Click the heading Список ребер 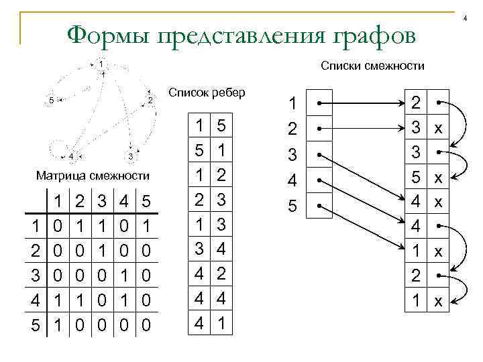tap(207, 92)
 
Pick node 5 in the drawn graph tap(51, 101)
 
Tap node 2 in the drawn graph tap(150, 101)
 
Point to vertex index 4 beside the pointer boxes tap(292, 181)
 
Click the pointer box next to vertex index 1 tap(320, 104)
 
